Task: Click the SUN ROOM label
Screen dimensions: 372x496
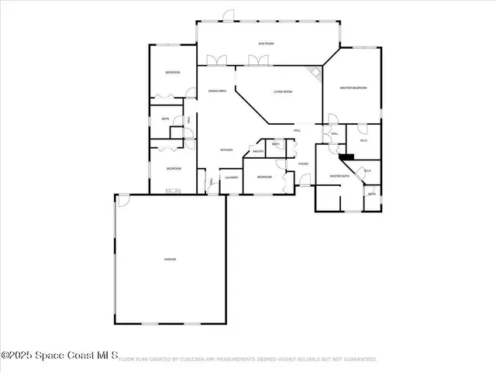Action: click(x=266, y=43)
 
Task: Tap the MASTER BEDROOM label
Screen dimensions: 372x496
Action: click(x=353, y=88)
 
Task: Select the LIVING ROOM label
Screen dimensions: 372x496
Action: click(x=282, y=92)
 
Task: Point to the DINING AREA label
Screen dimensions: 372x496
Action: click(x=217, y=91)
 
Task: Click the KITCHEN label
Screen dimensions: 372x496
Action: click(x=226, y=150)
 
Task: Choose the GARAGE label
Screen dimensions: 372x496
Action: click(x=169, y=259)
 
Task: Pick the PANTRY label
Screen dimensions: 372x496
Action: click(x=258, y=151)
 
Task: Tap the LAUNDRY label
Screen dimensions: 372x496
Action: click(x=231, y=178)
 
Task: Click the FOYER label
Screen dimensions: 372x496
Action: click(x=303, y=164)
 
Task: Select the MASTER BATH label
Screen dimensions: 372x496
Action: click(x=340, y=177)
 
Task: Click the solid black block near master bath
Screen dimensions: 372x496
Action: click(x=346, y=156)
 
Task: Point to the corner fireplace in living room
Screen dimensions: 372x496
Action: click(x=314, y=73)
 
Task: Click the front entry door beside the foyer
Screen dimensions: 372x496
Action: click(x=305, y=180)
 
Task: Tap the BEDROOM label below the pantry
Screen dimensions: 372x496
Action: click(x=264, y=177)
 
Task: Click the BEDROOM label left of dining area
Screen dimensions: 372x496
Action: click(x=173, y=73)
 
